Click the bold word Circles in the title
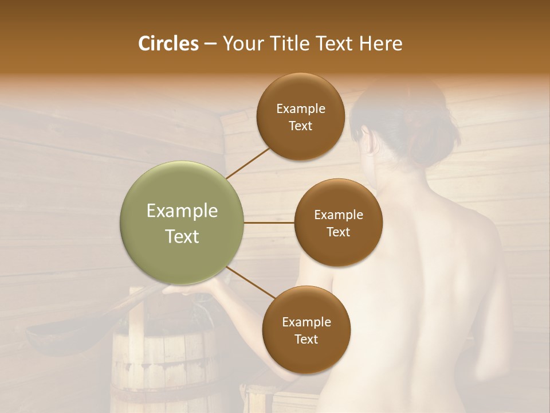168,44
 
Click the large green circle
182,223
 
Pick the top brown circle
300,117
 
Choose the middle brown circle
338,223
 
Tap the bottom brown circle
306,330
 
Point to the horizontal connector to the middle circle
269,223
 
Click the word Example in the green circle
182,211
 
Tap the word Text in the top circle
300,126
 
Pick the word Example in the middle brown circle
338,215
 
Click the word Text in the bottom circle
306,339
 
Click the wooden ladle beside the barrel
57,330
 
